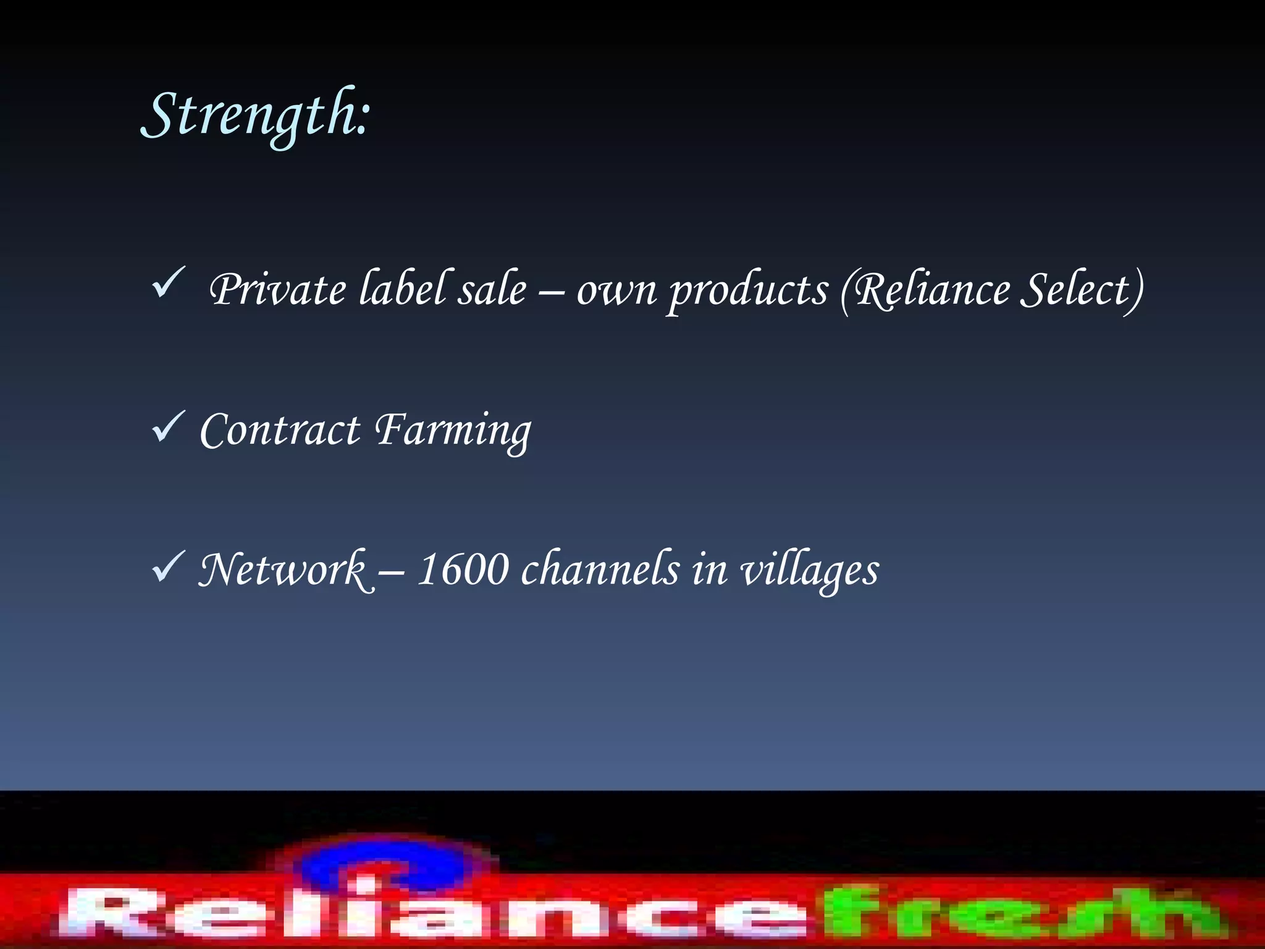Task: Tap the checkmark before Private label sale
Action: click(x=168, y=284)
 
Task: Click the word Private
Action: click(x=278, y=289)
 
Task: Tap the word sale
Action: click(x=492, y=289)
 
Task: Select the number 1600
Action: click(x=463, y=570)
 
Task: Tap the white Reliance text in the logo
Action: click(x=432, y=912)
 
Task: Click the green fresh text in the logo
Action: click(x=1019, y=912)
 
